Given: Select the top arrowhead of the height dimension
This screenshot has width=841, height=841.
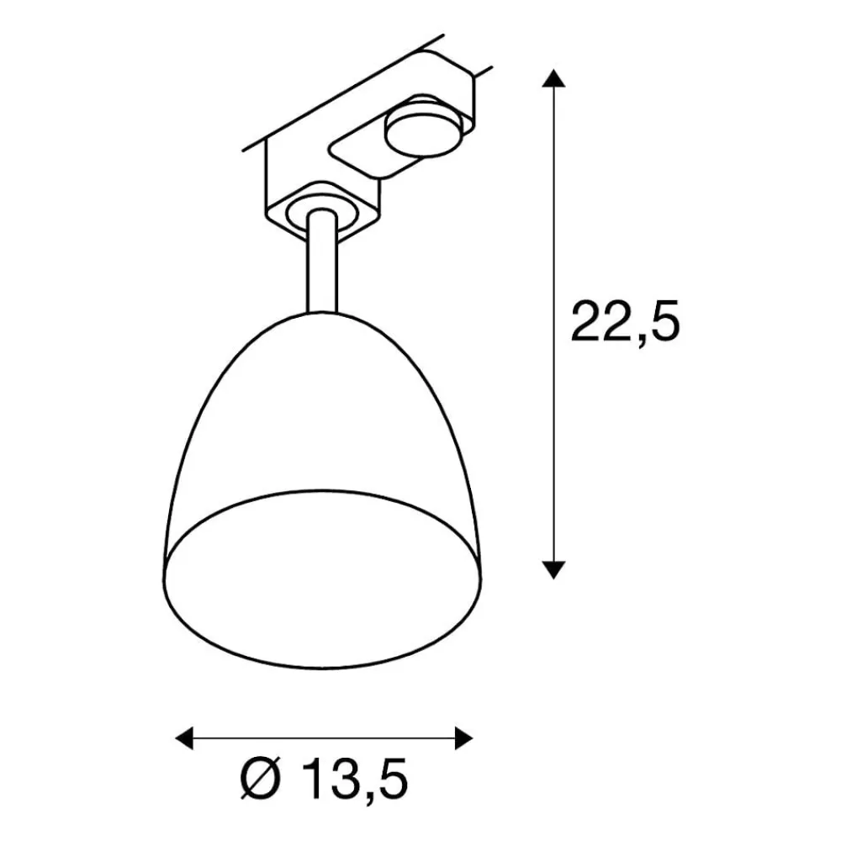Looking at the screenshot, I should click(x=552, y=81).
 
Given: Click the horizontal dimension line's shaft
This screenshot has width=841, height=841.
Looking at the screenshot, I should click(x=324, y=738).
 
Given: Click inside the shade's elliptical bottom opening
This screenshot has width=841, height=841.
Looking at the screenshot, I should click(x=324, y=580).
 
